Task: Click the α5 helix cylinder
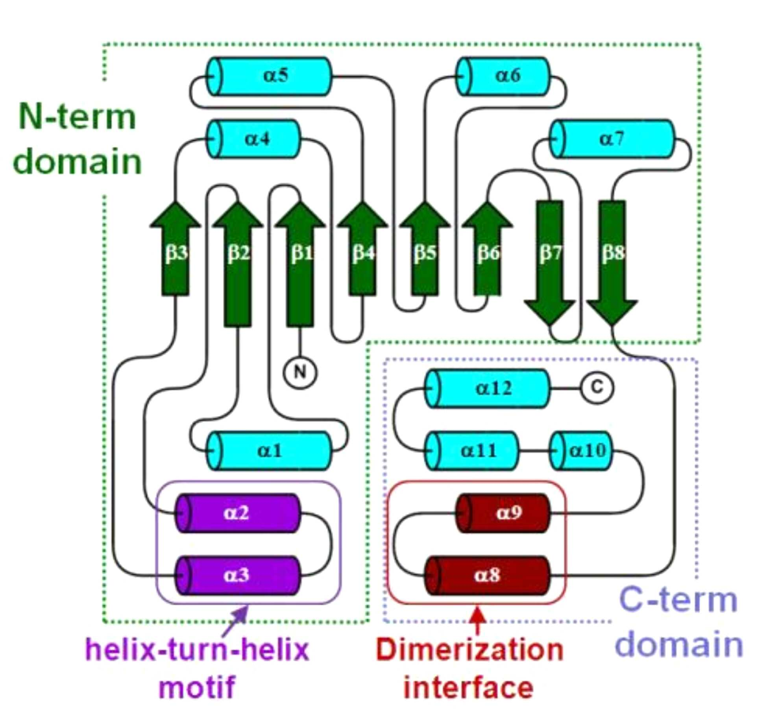pyautogui.click(x=269, y=76)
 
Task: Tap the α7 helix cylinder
pyautogui.click(x=612, y=139)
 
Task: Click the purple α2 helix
pyautogui.click(x=238, y=513)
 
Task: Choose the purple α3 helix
pyautogui.click(x=238, y=576)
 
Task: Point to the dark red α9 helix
pyautogui.click(x=503, y=513)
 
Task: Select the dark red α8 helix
pyautogui.click(x=488, y=576)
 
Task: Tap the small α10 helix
pyautogui.click(x=581, y=451)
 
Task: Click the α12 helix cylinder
pyautogui.click(x=488, y=389)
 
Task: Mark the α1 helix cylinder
pyautogui.click(x=269, y=451)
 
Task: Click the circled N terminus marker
pyautogui.click(x=300, y=372)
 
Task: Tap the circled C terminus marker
pyautogui.click(x=597, y=388)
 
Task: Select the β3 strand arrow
pyautogui.click(x=176, y=248)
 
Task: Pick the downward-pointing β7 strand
pyautogui.click(x=549, y=263)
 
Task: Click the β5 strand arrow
pyautogui.click(x=425, y=248)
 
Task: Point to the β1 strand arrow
pyautogui.click(x=300, y=263)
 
